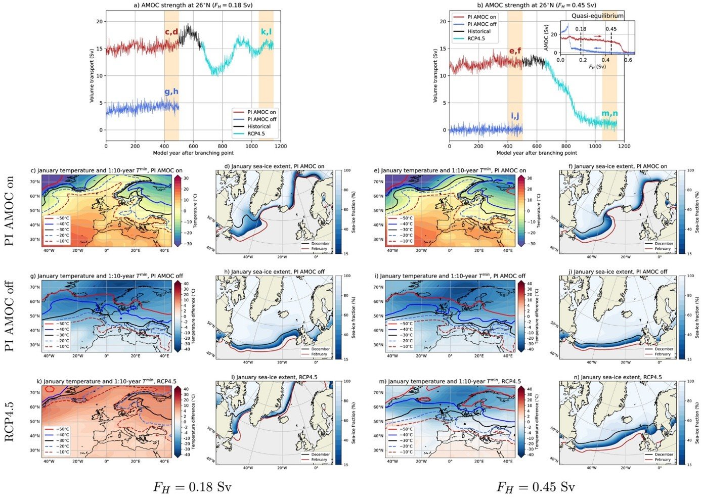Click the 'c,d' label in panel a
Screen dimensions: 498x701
tap(171, 32)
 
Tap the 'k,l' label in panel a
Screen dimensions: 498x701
tap(266, 32)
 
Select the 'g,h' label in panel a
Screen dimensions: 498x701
tap(171, 92)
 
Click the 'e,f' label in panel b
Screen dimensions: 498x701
tap(515, 51)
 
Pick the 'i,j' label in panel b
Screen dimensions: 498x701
tap(515, 116)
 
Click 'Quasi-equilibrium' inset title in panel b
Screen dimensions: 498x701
tap(597, 16)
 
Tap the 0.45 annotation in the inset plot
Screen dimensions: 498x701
tap(611, 29)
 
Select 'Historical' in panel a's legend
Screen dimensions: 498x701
tap(258, 126)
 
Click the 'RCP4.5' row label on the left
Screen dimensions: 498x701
tap(10, 419)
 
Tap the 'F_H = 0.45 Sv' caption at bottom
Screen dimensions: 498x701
tap(536, 487)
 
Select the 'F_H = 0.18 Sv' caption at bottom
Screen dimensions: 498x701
tap(192, 487)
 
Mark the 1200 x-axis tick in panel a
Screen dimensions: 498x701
tap(280, 146)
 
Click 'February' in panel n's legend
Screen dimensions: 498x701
tap(664, 460)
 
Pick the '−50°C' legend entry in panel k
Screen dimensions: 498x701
tap(61, 429)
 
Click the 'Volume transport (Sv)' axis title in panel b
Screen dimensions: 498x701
tap(436, 76)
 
